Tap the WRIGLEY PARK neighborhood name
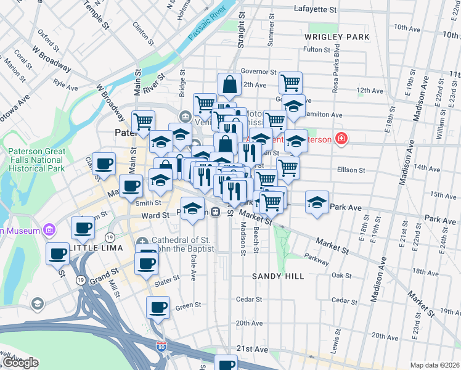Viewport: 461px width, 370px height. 337,37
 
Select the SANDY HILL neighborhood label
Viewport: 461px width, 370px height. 278,276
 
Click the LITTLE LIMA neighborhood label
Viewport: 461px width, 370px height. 96,247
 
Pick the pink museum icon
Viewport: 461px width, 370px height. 49,231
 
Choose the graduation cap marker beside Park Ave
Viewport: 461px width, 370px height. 317,203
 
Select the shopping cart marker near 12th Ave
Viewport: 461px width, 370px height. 290,81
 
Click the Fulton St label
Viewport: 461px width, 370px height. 318,49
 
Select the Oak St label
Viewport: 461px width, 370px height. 340,275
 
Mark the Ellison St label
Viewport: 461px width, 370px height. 351,170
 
